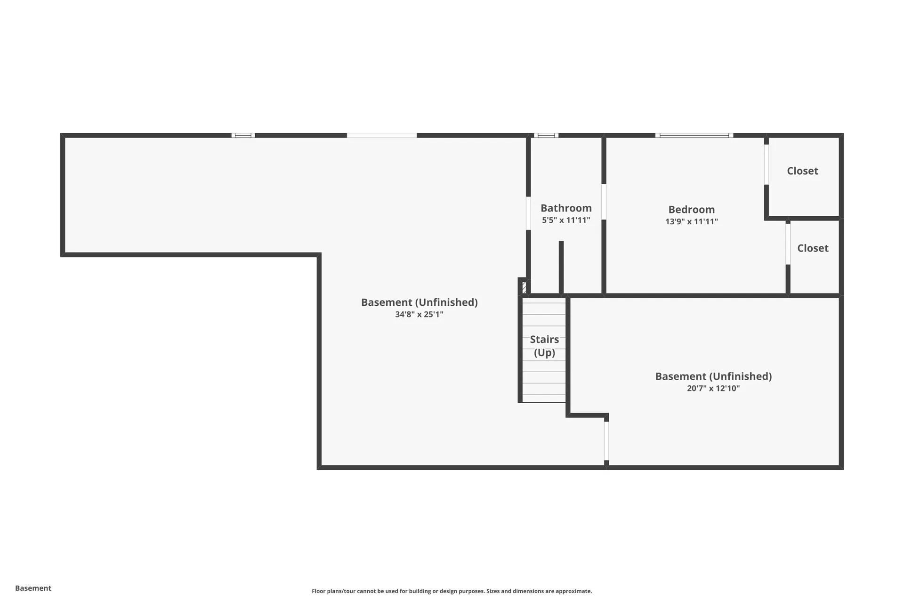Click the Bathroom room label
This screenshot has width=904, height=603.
point(566,208)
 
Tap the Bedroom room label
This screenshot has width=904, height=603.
point(691,209)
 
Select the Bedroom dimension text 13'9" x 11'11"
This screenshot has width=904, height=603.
point(691,221)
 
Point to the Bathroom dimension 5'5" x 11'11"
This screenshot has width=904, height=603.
point(566,220)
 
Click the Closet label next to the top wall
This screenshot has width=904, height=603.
point(802,171)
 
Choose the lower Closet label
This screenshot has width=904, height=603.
point(813,248)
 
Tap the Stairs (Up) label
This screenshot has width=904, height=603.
point(544,346)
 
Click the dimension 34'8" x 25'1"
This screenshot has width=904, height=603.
point(419,314)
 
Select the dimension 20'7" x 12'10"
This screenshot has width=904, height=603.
point(713,388)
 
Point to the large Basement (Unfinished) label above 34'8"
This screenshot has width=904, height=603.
point(419,302)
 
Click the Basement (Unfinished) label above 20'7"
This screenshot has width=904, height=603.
point(713,376)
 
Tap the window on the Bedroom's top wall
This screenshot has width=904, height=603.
point(694,135)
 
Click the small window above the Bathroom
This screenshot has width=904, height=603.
point(546,135)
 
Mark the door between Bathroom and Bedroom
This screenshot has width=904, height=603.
point(604,202)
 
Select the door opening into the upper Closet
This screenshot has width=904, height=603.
point(766,164)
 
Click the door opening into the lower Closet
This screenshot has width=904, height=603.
point(788,244)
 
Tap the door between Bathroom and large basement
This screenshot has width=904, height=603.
point(528,213)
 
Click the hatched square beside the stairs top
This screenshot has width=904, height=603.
point(524,287)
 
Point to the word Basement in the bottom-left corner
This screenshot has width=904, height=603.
point(33,588)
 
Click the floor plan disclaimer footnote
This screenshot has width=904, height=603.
point(452,591)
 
